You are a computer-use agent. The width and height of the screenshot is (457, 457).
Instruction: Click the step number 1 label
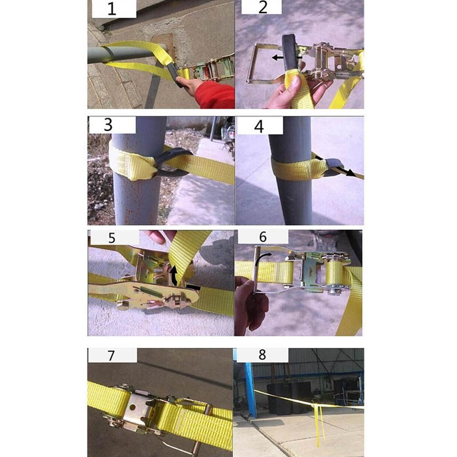pyautogui.click(x=112, y=9)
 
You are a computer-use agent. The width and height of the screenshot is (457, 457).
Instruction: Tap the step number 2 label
pyautogui.click(x=262, y=7)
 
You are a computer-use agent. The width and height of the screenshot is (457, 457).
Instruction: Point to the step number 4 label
pyautogui.click(x=259, y=126)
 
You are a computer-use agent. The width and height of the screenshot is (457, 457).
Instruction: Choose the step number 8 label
pyautogui.click(x=262, y=354)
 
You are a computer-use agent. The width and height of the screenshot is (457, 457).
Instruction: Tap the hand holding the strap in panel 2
pyautogui.click(x=297, y=91)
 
